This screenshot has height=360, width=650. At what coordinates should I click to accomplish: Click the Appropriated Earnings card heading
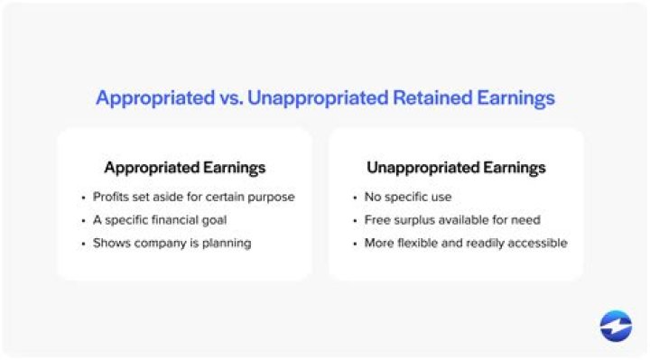point(184,167)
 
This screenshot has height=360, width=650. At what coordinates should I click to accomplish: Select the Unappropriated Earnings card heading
point(456,167)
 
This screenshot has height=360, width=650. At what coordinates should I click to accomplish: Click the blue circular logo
point(616,326)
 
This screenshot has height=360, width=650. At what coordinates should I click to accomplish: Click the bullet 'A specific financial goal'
point(159,220)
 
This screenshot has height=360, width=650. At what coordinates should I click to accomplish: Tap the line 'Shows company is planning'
point(172,244)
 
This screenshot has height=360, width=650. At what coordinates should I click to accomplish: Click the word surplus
point(413,220)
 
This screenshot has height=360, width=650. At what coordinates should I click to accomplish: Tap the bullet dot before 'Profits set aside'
point(82,197)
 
